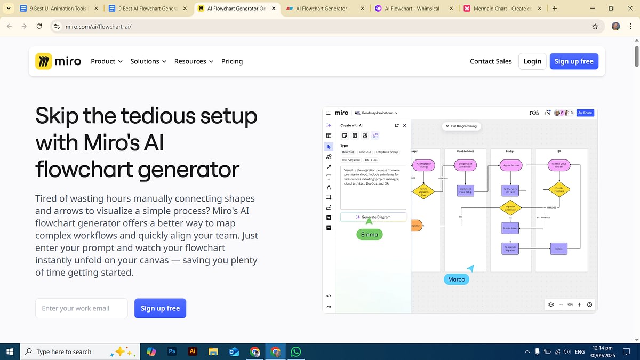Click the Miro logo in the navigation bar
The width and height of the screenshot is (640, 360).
[x=58, y=61]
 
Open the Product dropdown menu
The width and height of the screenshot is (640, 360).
[x=106, y=61]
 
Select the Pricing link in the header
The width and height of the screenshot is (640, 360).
[x=232, y=61]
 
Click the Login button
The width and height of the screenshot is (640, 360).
[x=532, y=61]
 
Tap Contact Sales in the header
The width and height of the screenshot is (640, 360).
[x=491, y=61]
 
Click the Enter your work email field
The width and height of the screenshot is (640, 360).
[x=81, y=308]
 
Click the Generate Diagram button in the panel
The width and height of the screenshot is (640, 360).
[x=373, y=217]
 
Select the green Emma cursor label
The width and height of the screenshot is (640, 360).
[x=369, y=234]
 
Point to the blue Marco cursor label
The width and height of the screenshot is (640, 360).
[x=456, y=279]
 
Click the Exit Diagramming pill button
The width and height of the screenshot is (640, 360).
[x=462, y=126]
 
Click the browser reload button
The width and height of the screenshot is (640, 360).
[x=39, y=26]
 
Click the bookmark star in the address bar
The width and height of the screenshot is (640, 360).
[x=595, y=26]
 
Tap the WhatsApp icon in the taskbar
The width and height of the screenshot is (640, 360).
[x=296, y=351]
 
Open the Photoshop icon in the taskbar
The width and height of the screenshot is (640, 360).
[x=172, y=351]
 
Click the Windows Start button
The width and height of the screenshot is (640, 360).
[x=10, y=351]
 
